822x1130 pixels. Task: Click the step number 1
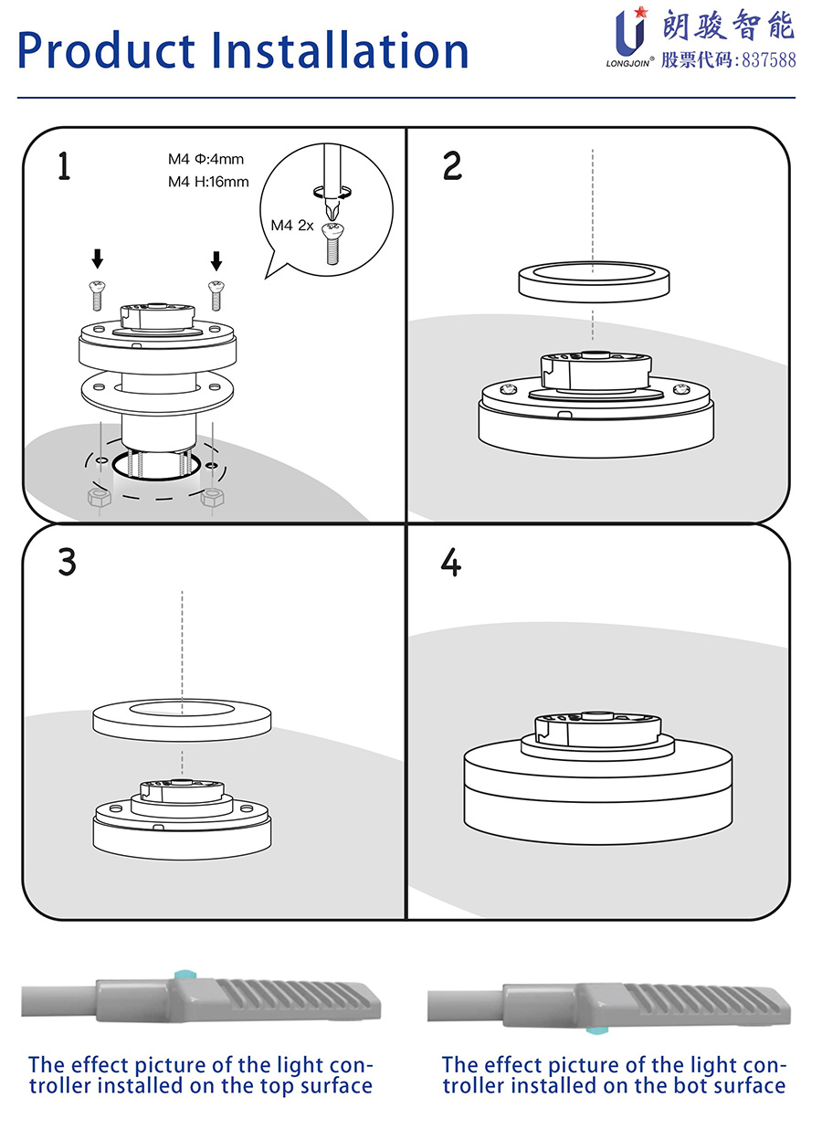(x=63, y=166)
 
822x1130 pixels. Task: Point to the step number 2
(x=452, y=166)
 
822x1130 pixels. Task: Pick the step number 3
(x=67, y=562)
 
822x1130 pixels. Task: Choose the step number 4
(x=451, y=563)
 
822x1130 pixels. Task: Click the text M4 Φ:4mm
(x=205, y=159)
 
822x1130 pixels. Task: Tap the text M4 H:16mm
(x=208, y=182)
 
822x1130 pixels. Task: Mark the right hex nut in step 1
(x=212, y=498)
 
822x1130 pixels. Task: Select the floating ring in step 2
(x=595, y=281)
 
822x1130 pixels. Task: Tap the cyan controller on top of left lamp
(x=186, y=975)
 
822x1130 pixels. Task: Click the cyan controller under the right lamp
(x=596, y=1030)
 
